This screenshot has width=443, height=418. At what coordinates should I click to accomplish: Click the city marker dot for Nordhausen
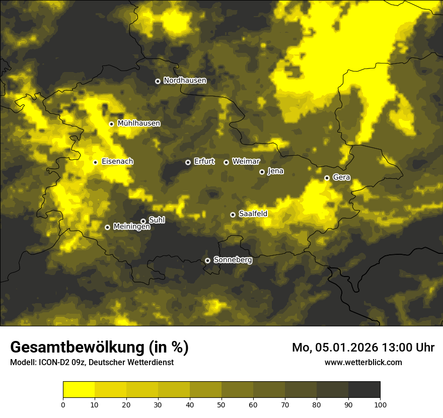coord(158,81)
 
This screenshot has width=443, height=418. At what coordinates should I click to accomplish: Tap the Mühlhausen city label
coord(138,123)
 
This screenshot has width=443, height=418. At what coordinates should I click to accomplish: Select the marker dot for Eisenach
coord(95,162)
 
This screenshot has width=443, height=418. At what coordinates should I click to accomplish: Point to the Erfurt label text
coord(204,162)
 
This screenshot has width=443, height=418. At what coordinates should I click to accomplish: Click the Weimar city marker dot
coord(226,162)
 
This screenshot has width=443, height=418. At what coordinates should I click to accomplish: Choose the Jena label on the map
coord(275,171)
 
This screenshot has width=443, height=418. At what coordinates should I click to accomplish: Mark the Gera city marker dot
coord(327,178)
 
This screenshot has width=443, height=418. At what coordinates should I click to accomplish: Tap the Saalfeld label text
coord(253,214)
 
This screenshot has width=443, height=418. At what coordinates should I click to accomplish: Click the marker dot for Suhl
coord(143,221)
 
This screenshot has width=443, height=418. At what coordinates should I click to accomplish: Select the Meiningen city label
coord(131,227)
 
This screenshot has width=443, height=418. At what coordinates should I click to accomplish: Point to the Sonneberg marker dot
coord(207,260)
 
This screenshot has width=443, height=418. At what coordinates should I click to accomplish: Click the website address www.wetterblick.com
coord(363,363)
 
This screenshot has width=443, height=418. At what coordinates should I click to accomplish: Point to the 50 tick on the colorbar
coord(221,404)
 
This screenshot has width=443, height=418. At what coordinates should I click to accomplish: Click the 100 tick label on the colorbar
coord(380,404)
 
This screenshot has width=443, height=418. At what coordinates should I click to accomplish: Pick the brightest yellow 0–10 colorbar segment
coord(79,390)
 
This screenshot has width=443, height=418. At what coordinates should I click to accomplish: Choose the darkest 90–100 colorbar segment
coord(364,390)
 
